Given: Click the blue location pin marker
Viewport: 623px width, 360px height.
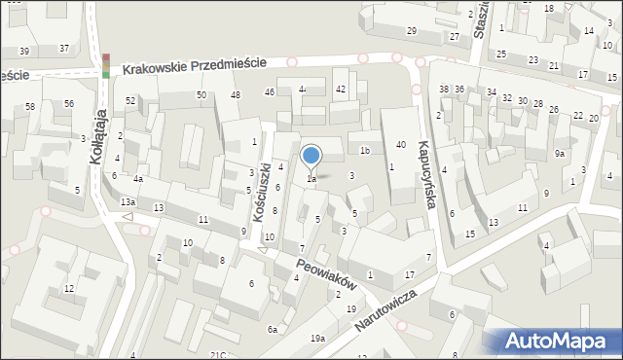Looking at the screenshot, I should (311, 157).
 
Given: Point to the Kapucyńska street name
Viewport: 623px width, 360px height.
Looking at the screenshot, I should (424, 173).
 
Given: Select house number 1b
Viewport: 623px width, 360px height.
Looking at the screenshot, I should (365, 151).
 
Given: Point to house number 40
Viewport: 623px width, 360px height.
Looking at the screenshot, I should (400, 145).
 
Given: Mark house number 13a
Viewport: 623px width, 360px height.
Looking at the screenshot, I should (128, 201).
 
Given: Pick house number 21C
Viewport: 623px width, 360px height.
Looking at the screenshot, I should (218, 355).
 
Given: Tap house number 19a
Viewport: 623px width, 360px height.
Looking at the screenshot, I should (317, 338).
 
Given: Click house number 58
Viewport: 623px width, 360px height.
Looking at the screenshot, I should (30, 106).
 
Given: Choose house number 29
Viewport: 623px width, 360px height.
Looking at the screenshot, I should (412, 32).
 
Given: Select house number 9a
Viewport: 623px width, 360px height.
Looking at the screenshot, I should (560, 154).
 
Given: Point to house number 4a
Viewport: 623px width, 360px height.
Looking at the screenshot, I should (138, 179).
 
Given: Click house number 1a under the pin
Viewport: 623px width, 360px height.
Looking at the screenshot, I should (311, 179).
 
